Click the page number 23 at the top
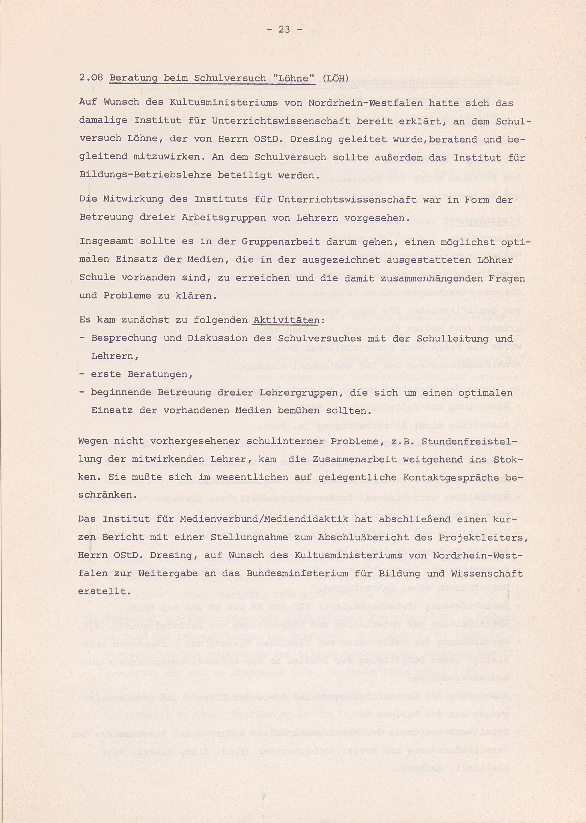[x=284, y=30]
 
